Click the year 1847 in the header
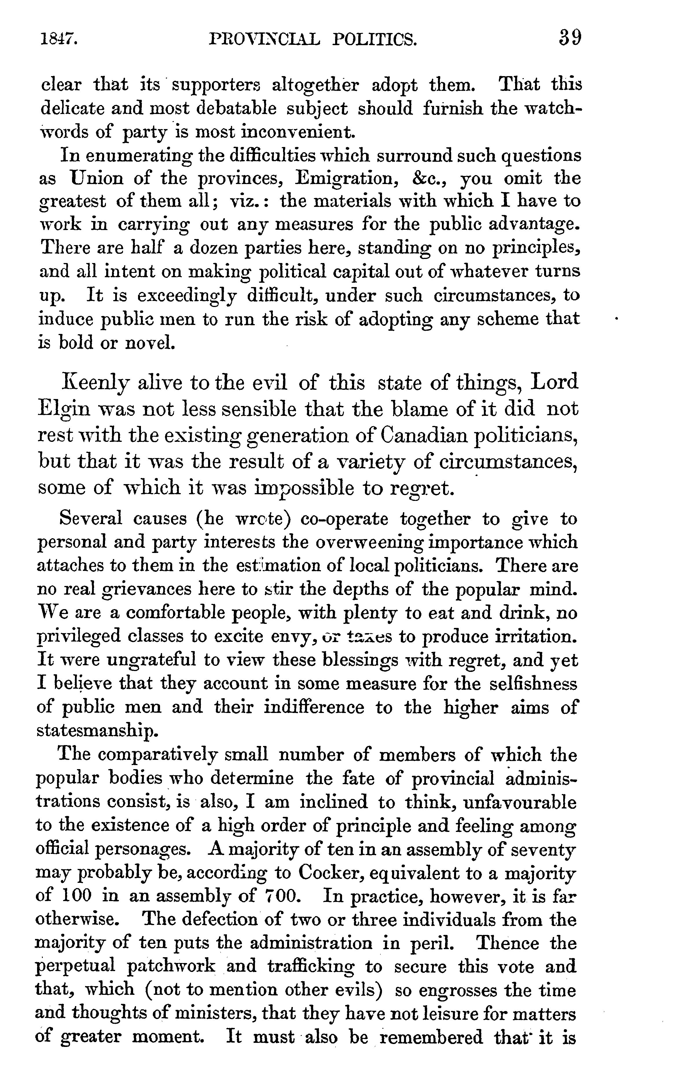click(x=60, y=40)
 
